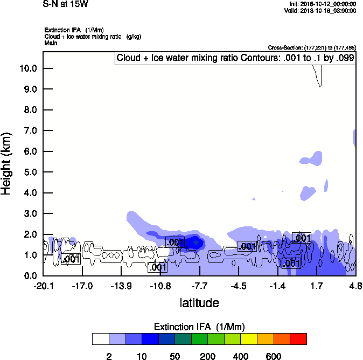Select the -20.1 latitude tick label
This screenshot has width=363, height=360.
(43, 286)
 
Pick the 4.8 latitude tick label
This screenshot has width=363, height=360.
(355, 286)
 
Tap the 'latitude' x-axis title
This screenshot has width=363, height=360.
(199, 303)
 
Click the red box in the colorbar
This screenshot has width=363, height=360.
(298, 339)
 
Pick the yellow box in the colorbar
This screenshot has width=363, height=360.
(249, 339)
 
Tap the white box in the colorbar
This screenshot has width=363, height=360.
(101, 339)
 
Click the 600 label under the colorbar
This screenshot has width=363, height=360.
(274, 356)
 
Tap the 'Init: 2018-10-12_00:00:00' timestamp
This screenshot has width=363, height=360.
(323, 4)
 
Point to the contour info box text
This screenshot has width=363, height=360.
(235, 58)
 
